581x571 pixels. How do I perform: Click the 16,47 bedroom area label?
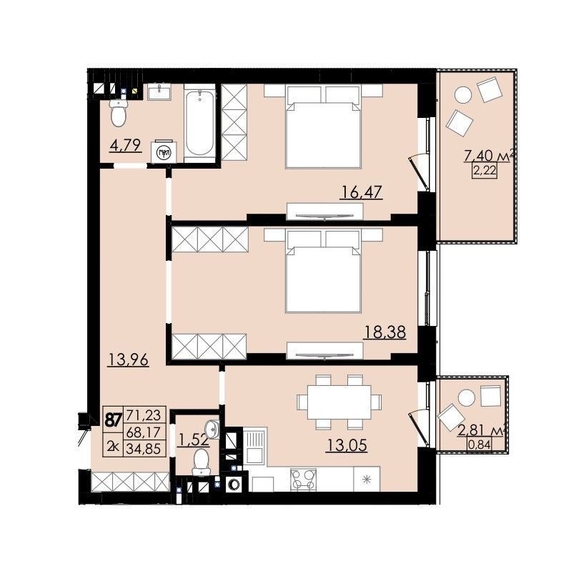[x=361, y=193]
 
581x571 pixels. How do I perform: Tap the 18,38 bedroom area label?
[x=384, y=332]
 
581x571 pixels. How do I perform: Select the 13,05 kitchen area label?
[x=347, y=445]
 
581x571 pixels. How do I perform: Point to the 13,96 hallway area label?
[x=128, y=359]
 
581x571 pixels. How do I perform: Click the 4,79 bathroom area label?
[x=126, y=145]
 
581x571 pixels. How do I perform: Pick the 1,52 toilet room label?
[x=193, y=440]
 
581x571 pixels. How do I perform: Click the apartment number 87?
[x=113, y=420]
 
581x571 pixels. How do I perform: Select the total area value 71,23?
[x=144, y=415]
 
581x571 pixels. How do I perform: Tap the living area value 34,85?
[x=144, y=449]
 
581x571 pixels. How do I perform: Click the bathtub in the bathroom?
[x=199, y=123]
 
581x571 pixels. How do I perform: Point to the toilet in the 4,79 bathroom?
[x=119, y=113]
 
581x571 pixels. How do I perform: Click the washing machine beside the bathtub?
[x=162, y=152]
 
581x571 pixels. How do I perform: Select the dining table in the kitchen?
[x=339, y=402]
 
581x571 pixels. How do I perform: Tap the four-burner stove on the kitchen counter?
[x=304, y=480]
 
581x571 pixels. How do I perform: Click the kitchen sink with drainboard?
[x=254, y=445]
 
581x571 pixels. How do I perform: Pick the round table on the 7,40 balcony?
[x=463, y=95]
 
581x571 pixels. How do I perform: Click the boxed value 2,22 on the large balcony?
[x=484, y=172]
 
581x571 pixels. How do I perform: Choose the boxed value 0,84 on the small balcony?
[x=480, y=444]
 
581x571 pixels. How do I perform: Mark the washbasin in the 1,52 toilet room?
[x=212, y=429]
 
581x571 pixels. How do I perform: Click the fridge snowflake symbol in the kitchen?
[x=367, y=480]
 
